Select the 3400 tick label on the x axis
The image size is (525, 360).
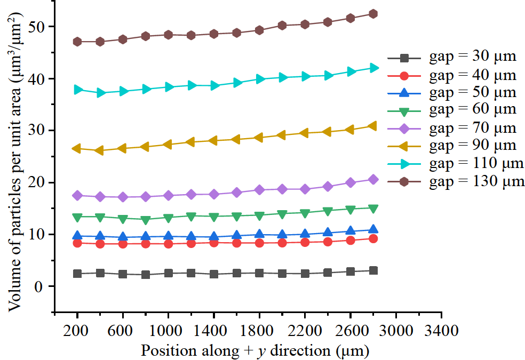point(441,330)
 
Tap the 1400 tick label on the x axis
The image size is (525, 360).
point(214,330)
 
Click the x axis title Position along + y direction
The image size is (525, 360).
point(255,350)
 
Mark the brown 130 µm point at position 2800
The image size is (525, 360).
point(373,14)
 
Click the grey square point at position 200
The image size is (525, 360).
point(77,274)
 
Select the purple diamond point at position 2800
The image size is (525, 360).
point(373,180)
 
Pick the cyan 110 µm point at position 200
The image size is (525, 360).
point(78,90)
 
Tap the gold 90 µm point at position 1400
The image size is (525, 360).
point(213,141)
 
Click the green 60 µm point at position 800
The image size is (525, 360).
point(146,220)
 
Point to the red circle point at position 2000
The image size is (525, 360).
point(282,243)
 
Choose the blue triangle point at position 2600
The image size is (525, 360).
point(350,231)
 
